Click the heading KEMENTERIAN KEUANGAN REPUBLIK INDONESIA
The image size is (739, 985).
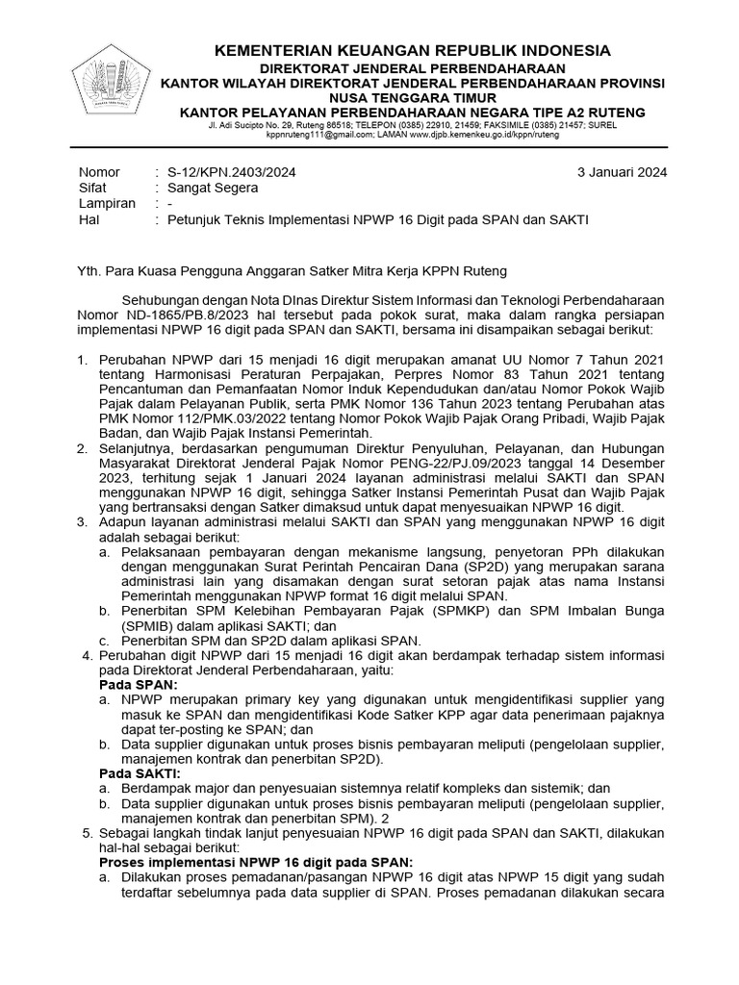pyautogui.click(x=412, y=51)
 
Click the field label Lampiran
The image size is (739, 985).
pyautogui.click(x=106, y=204)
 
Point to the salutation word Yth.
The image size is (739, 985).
pyautogui.click(x=90, y=272)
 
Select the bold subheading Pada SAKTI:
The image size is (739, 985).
pyautogui.click(x=140, y=772)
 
